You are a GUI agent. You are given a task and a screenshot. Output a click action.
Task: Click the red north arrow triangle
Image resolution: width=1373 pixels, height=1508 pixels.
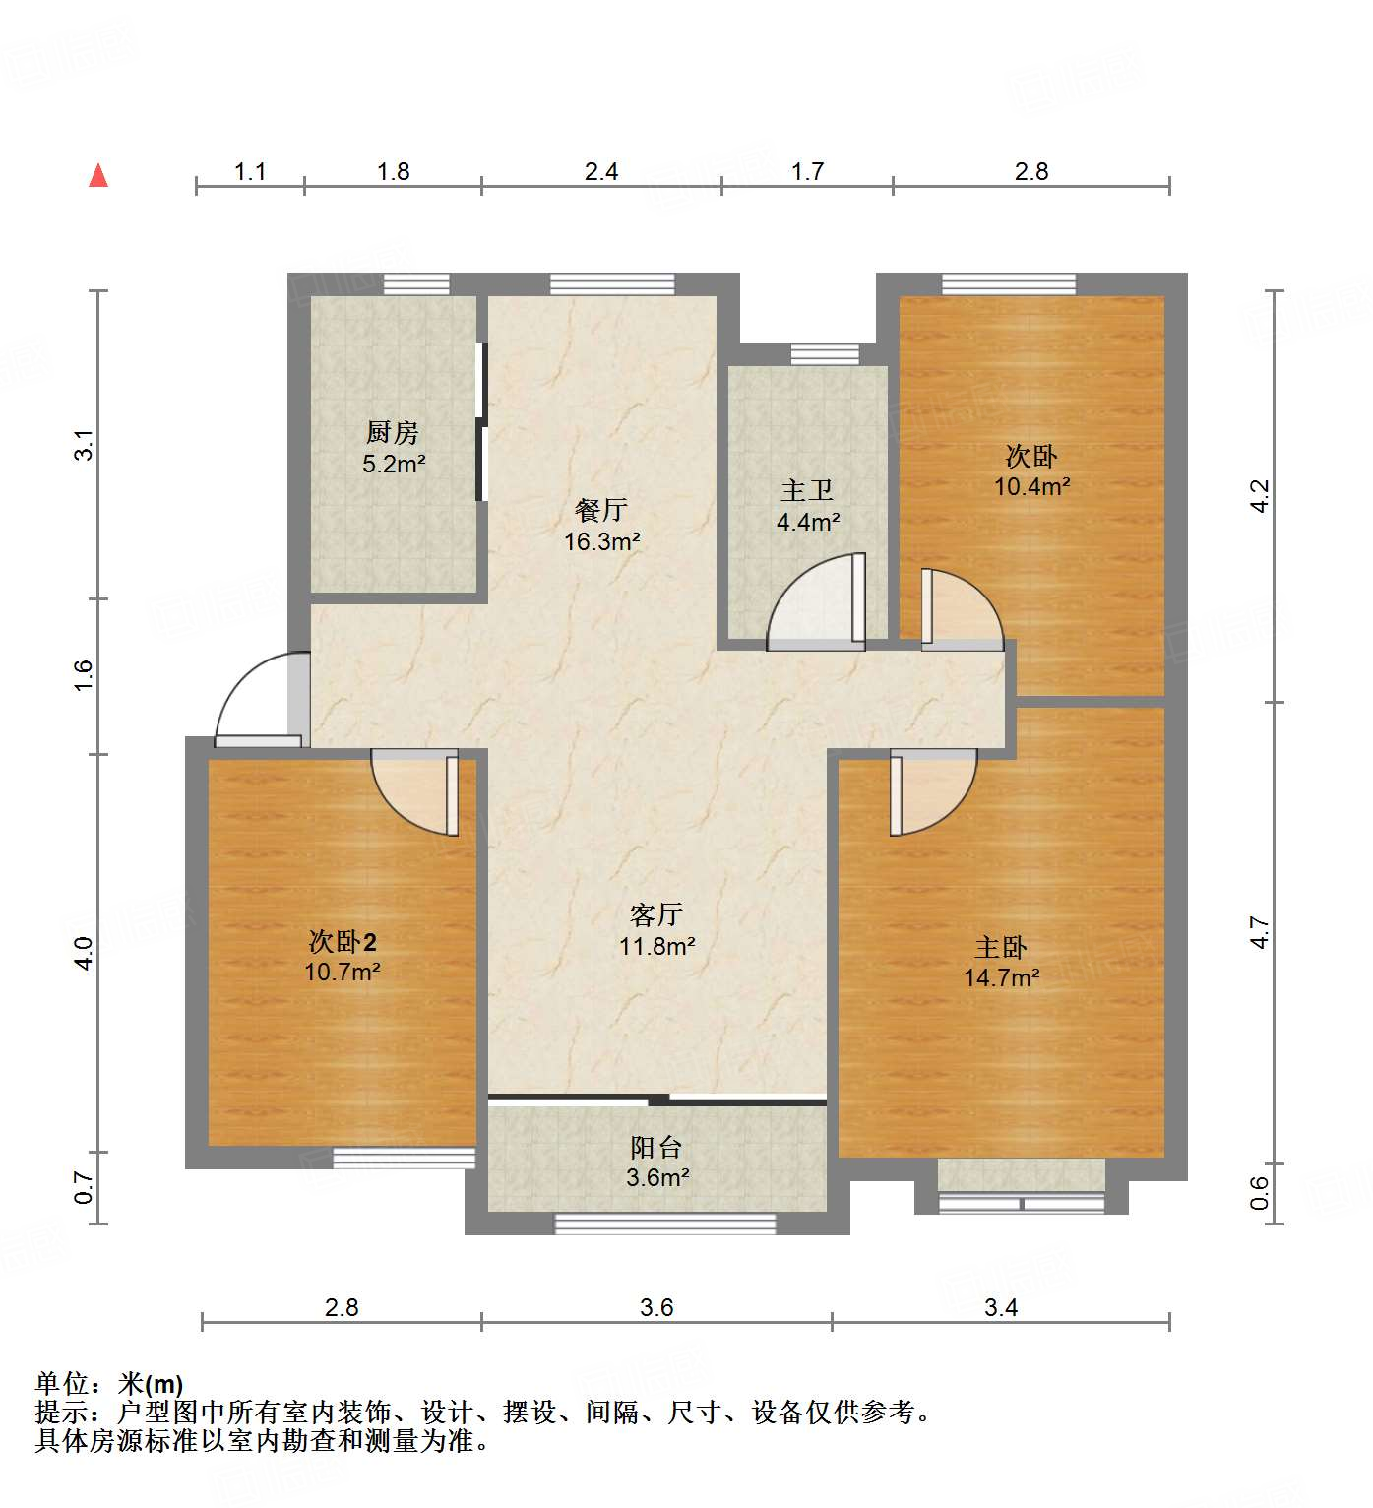point(98,176)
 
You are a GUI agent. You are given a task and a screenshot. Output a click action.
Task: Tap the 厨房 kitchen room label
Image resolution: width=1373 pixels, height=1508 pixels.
point(393,432)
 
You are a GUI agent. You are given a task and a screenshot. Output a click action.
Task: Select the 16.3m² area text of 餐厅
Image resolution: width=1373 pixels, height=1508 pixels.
point(601,541)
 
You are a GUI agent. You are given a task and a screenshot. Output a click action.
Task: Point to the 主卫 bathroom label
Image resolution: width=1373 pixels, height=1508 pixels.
point(807,490)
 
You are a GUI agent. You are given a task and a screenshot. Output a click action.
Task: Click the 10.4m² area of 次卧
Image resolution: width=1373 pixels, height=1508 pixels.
point(1031,486)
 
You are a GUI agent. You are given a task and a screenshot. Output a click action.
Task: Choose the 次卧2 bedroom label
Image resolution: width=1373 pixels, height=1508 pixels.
point(343,942)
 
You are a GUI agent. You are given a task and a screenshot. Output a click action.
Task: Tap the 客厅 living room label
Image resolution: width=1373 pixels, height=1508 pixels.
point(656,914)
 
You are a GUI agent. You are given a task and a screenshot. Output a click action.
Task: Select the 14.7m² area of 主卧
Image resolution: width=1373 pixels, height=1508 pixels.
point(1001,977)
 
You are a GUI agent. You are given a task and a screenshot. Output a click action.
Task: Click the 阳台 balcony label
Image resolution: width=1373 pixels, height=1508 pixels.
point(656,1147)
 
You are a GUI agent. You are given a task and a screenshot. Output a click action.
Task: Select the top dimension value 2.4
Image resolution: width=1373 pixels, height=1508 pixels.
point(601,172)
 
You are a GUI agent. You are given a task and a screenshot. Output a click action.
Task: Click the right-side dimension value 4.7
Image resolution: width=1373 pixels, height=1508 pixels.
point(1260,932)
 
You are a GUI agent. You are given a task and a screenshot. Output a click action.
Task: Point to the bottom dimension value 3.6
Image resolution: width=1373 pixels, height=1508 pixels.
point(656,1307)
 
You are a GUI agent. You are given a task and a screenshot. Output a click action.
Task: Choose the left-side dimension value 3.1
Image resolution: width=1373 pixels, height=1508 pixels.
point(85,445)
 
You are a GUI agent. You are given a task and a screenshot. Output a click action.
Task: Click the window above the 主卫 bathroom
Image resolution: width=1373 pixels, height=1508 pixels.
point(825,353)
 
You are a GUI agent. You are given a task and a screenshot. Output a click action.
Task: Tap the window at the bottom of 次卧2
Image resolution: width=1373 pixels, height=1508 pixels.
point(404,1158)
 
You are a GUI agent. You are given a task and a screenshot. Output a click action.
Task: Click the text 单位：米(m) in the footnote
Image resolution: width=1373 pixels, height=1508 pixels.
point(109,1384)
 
